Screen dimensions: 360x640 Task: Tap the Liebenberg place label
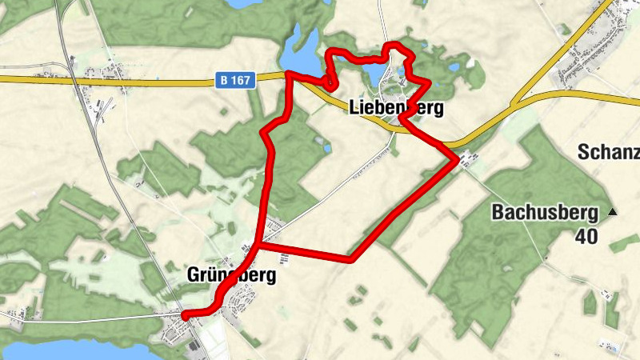click(396, 106)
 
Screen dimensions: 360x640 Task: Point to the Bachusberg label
click(546, 213)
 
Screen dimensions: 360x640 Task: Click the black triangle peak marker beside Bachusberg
click(614, 212)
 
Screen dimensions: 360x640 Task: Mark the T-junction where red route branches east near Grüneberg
click(258, 245)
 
